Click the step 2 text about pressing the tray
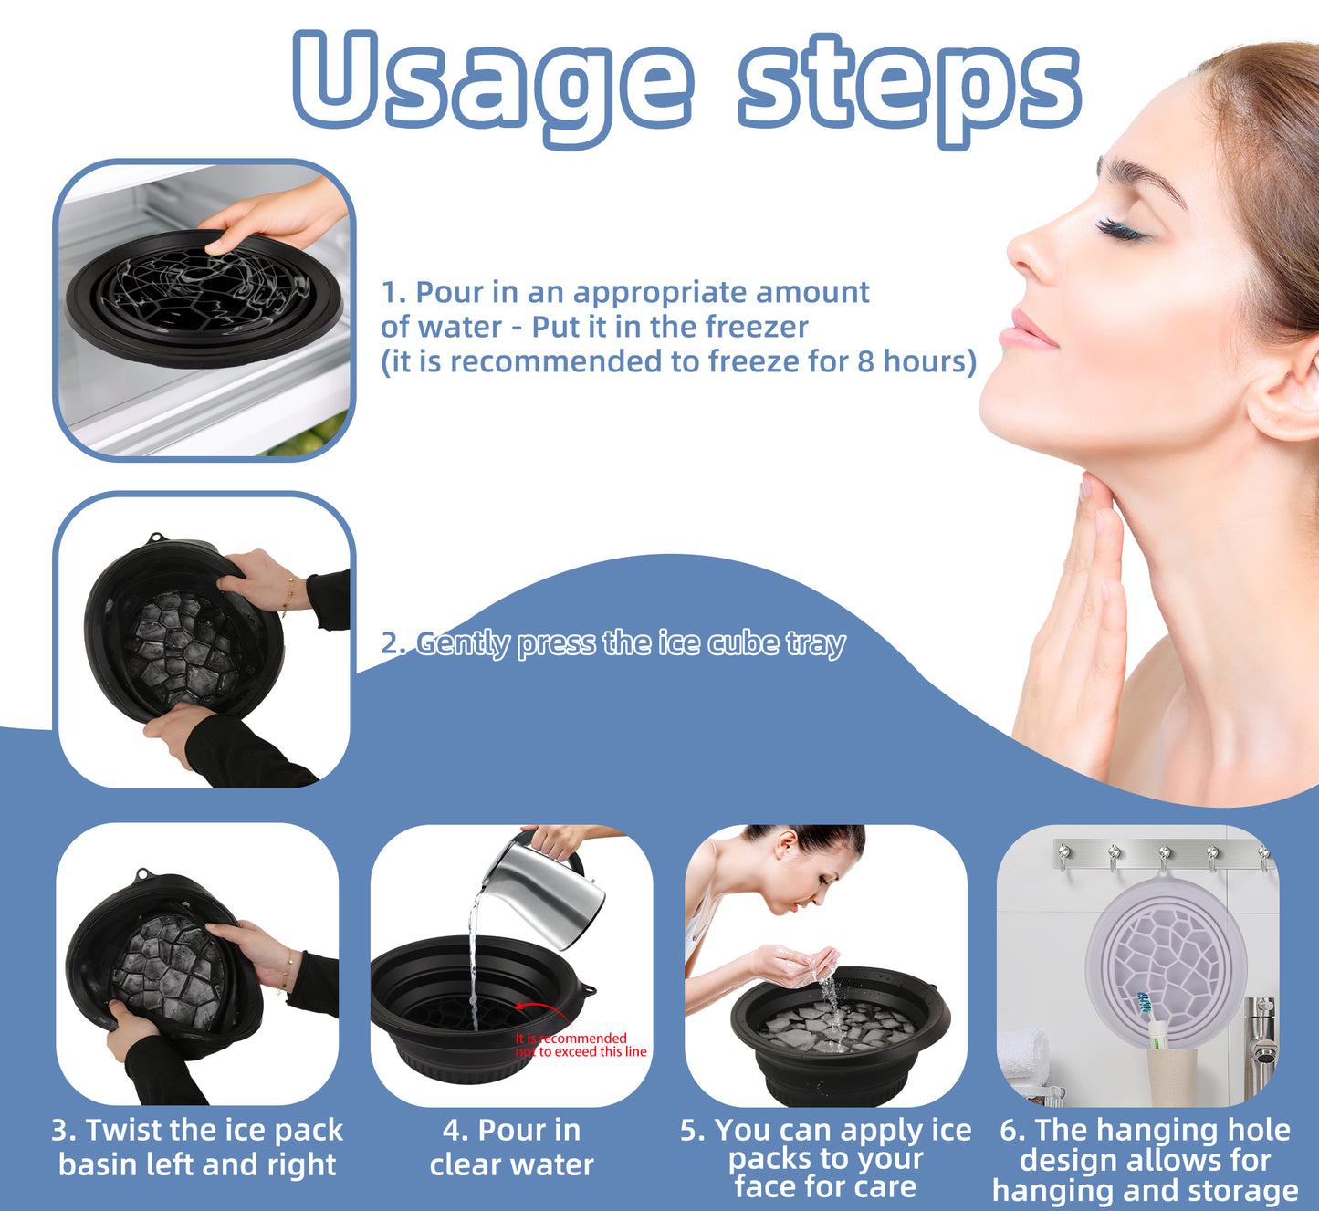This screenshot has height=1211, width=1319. (x=612, y=643)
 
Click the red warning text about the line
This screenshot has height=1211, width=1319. (x=580, y=1045)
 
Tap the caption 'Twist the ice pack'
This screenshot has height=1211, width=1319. (x=197, y=1130)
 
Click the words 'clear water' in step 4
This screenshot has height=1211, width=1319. (x=511, y=1164)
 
